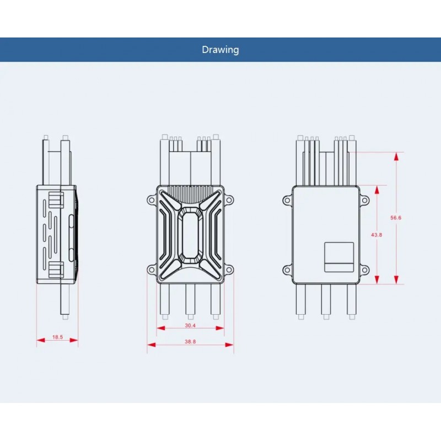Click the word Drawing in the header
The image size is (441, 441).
click(x=220, y=50)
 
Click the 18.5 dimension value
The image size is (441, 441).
click(x=57, y=336)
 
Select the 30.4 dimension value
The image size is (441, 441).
click(x=190, y=326)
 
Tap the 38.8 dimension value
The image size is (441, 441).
click(x=191, y=342)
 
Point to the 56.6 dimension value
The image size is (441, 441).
click(x=396, y=218)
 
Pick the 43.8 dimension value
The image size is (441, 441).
click(x=377, y=234)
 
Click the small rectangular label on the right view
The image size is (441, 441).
click(x=338, y=257)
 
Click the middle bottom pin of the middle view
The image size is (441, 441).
click(x=191, y=300)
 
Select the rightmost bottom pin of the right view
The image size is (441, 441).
click(x=351, y=300)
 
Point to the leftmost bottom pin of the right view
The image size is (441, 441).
click(x=300, y=300)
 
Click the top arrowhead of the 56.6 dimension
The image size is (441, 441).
click(x=396, y=155)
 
